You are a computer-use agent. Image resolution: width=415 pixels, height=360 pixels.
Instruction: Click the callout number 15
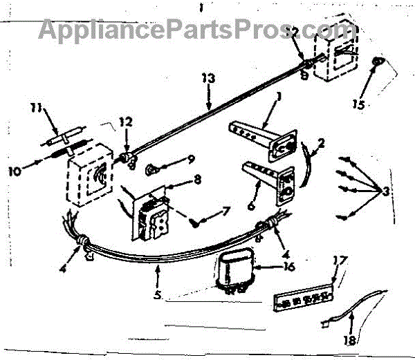(x=357, y=105)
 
